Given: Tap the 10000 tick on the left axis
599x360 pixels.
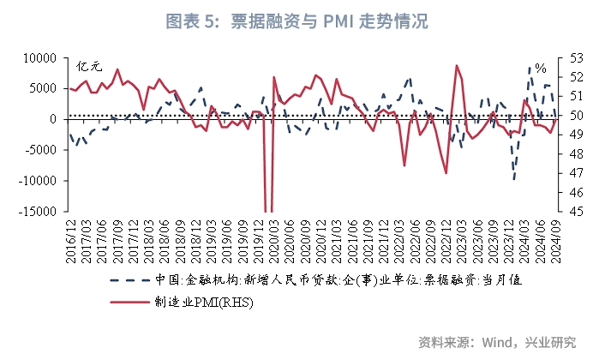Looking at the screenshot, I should (39, 57).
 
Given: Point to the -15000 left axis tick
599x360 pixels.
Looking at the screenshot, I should (37, 212).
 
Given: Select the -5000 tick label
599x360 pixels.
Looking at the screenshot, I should (39, 150).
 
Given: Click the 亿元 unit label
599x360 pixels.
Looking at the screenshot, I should (89, 66).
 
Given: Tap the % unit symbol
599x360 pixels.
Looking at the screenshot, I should (540, 68).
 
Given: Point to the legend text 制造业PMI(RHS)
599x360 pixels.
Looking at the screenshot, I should (199, 302).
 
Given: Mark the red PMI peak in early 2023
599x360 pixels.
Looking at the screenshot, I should (457, 65).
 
